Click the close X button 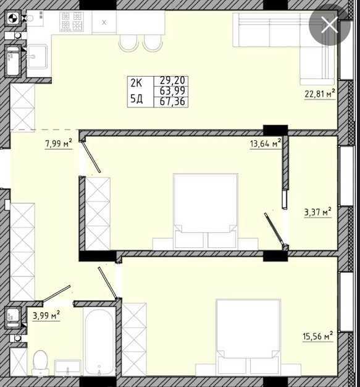click(x=330, y=25)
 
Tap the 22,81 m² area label click(x=320, y=94)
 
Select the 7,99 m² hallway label click(x=59, y=143)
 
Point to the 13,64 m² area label click(x=266, y=143)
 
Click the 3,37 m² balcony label click(x=318, y=212)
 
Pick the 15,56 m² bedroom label click(x=318, y=336)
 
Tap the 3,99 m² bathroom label click(x=46, y=315)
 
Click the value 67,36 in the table click(x=172, y=101)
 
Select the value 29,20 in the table click(x=172, y=80)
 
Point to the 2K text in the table click(x=136, y=83)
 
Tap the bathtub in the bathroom click(x=99, y=342)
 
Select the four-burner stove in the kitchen click(x=72, y=22)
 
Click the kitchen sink click(x=37, y=56)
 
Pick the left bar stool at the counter click(x=128, y=43)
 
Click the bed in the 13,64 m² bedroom click(x=206, y=211)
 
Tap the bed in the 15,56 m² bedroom click(x=248, y=337)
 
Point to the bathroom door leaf click(x=56, y=293)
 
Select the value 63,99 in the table click(x=172, y=91)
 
